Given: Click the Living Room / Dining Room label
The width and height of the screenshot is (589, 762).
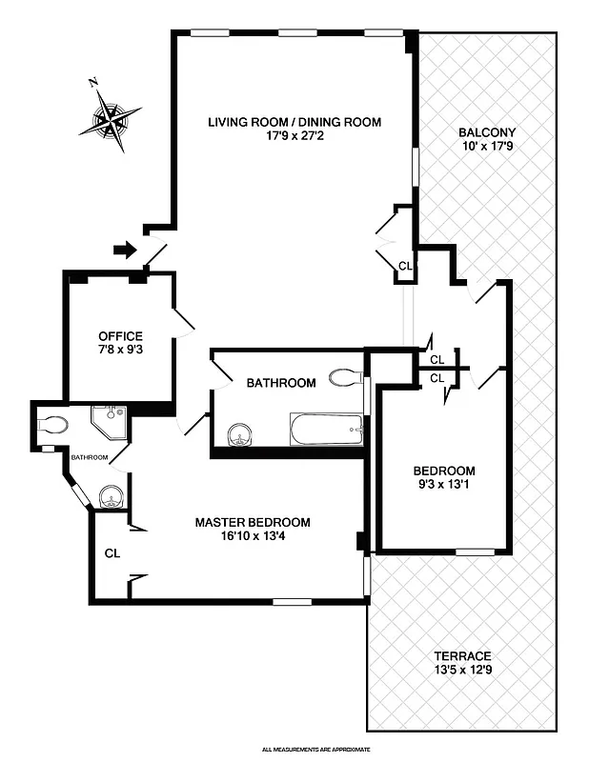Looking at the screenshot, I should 294,122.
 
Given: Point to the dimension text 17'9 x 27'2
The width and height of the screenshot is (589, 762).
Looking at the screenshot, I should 294,136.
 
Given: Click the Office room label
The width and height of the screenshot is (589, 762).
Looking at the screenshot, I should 120,336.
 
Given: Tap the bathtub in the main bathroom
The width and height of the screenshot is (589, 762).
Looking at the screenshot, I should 327,430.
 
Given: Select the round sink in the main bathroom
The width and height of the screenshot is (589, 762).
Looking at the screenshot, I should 241,436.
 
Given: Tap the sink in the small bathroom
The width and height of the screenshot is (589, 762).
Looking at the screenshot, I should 110,495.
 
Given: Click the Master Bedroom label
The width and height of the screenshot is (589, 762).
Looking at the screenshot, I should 253,522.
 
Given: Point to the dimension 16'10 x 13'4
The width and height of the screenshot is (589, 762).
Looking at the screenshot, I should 253,535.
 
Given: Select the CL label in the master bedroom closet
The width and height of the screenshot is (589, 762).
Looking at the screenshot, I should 112,553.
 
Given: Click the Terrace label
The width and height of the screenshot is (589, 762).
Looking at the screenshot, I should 461,656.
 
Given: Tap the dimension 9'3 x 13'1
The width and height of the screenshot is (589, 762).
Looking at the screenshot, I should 443,485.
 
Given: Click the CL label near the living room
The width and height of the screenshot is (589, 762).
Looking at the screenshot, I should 405,267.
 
